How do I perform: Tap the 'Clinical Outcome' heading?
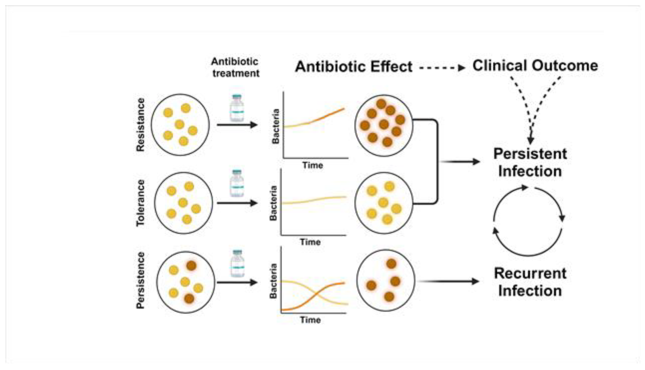535,66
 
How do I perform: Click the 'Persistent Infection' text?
530,162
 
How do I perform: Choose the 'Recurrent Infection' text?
530,282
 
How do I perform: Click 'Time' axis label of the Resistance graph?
313,165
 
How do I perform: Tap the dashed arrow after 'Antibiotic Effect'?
442,68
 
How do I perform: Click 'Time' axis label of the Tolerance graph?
310,242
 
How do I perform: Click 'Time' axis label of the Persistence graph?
310,320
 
